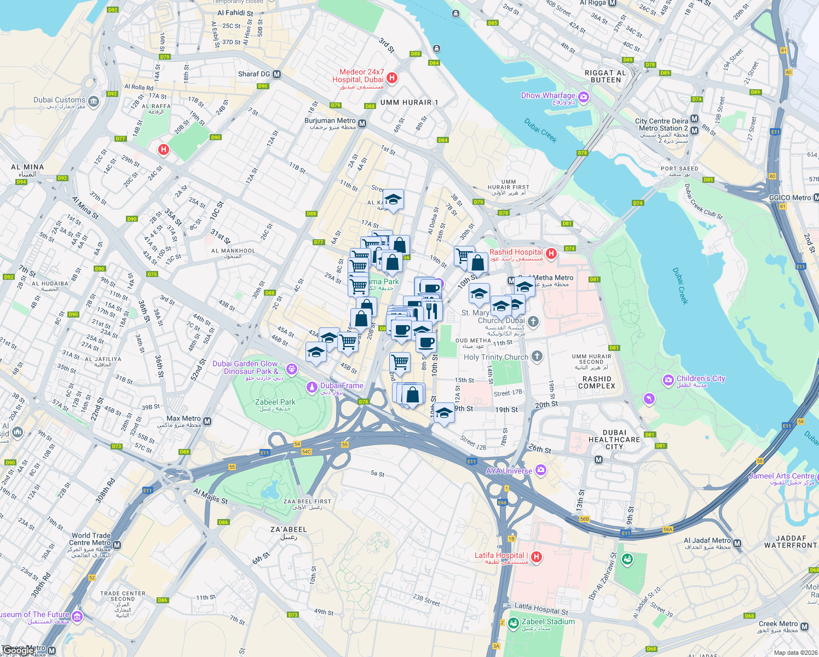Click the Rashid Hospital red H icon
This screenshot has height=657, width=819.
pyautogui.click(x=551, y=253)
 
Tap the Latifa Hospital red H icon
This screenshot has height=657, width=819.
pyautogui.click(x=537, y=557)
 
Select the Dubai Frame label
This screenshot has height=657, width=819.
pyautogui.click(x=342, y=386)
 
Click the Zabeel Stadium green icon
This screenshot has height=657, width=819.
pyautogui.click(x=513, y=623)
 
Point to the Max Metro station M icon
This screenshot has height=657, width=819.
pyautogui.click(x=207, y=421)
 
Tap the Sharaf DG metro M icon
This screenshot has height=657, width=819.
pyautogui.click(x=276, y=74)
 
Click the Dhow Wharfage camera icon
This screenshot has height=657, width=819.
pyautogui.click(x=583, y=97)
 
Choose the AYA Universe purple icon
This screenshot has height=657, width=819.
pyautogui.click(x=541, y=470)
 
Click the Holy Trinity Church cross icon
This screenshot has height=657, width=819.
pyautogui.click(x=537, y=357)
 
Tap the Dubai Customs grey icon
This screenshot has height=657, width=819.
pyautogui.click(x=94, y=101)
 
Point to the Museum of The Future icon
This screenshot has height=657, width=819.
pyautogui.click(x=77, y=617)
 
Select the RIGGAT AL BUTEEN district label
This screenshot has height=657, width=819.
pyautogui.click(x=606, y=76)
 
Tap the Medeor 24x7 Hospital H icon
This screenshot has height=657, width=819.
pyautogui.click(x=391, y=78)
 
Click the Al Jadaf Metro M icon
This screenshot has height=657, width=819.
pyautogui.click(x=737, y=544)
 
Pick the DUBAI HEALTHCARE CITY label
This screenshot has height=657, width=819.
pyautogui.click(x=614, y=440)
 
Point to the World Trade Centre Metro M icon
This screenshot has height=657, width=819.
pyautogui.click(x=117, y=545)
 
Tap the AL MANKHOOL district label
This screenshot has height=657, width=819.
pyautogui.click(x=233, y=251)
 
